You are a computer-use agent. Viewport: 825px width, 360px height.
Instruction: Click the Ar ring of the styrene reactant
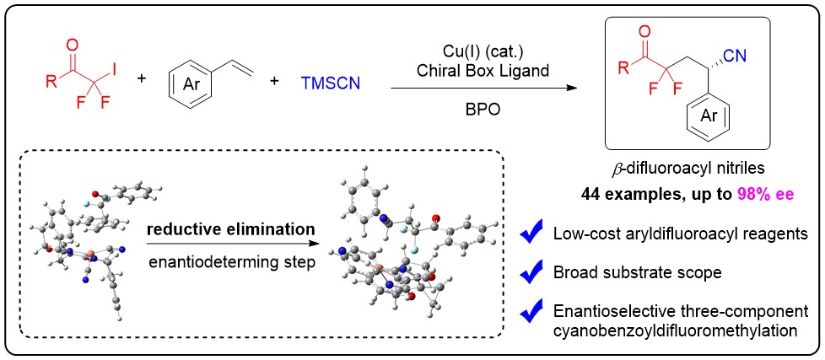click(x=189, y=81)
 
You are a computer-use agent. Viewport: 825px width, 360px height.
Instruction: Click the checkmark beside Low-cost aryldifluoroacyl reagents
click(x=531, y=234)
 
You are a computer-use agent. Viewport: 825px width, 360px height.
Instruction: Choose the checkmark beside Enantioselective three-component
click(x=531, y=313)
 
